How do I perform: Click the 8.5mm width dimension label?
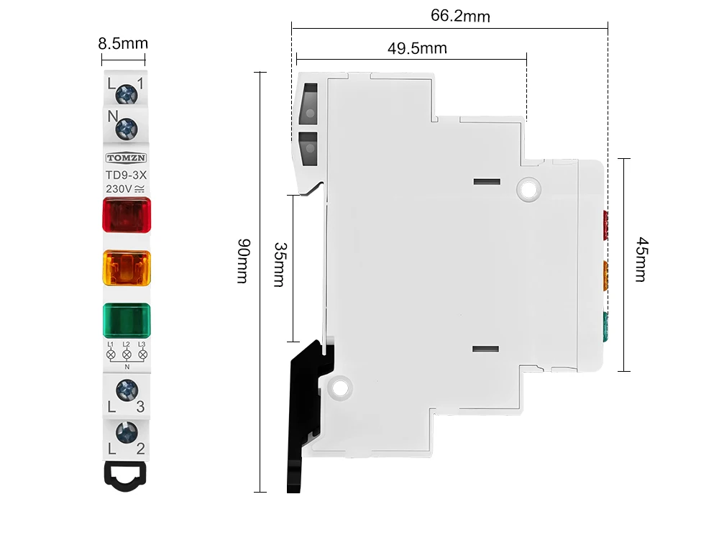[123, 44]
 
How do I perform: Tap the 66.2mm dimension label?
[460, 16]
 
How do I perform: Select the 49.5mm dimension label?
[417, 48]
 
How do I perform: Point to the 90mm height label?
[243, 261]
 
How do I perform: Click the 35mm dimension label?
[280, 265]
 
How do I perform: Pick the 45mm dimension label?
[641, 260]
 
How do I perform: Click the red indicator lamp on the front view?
[127, 214]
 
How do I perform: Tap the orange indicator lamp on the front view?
[127, 267]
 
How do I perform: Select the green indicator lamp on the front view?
[127, 320]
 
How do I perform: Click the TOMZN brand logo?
[126, 157]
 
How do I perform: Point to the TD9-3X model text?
[126, 175]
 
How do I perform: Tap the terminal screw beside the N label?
[127, 129]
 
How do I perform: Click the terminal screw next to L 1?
[127, 94]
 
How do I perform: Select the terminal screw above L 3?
[127, 391]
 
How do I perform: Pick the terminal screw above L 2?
[127, 432]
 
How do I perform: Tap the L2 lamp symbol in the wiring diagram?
[127, 355]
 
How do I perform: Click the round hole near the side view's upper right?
[528, 189]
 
